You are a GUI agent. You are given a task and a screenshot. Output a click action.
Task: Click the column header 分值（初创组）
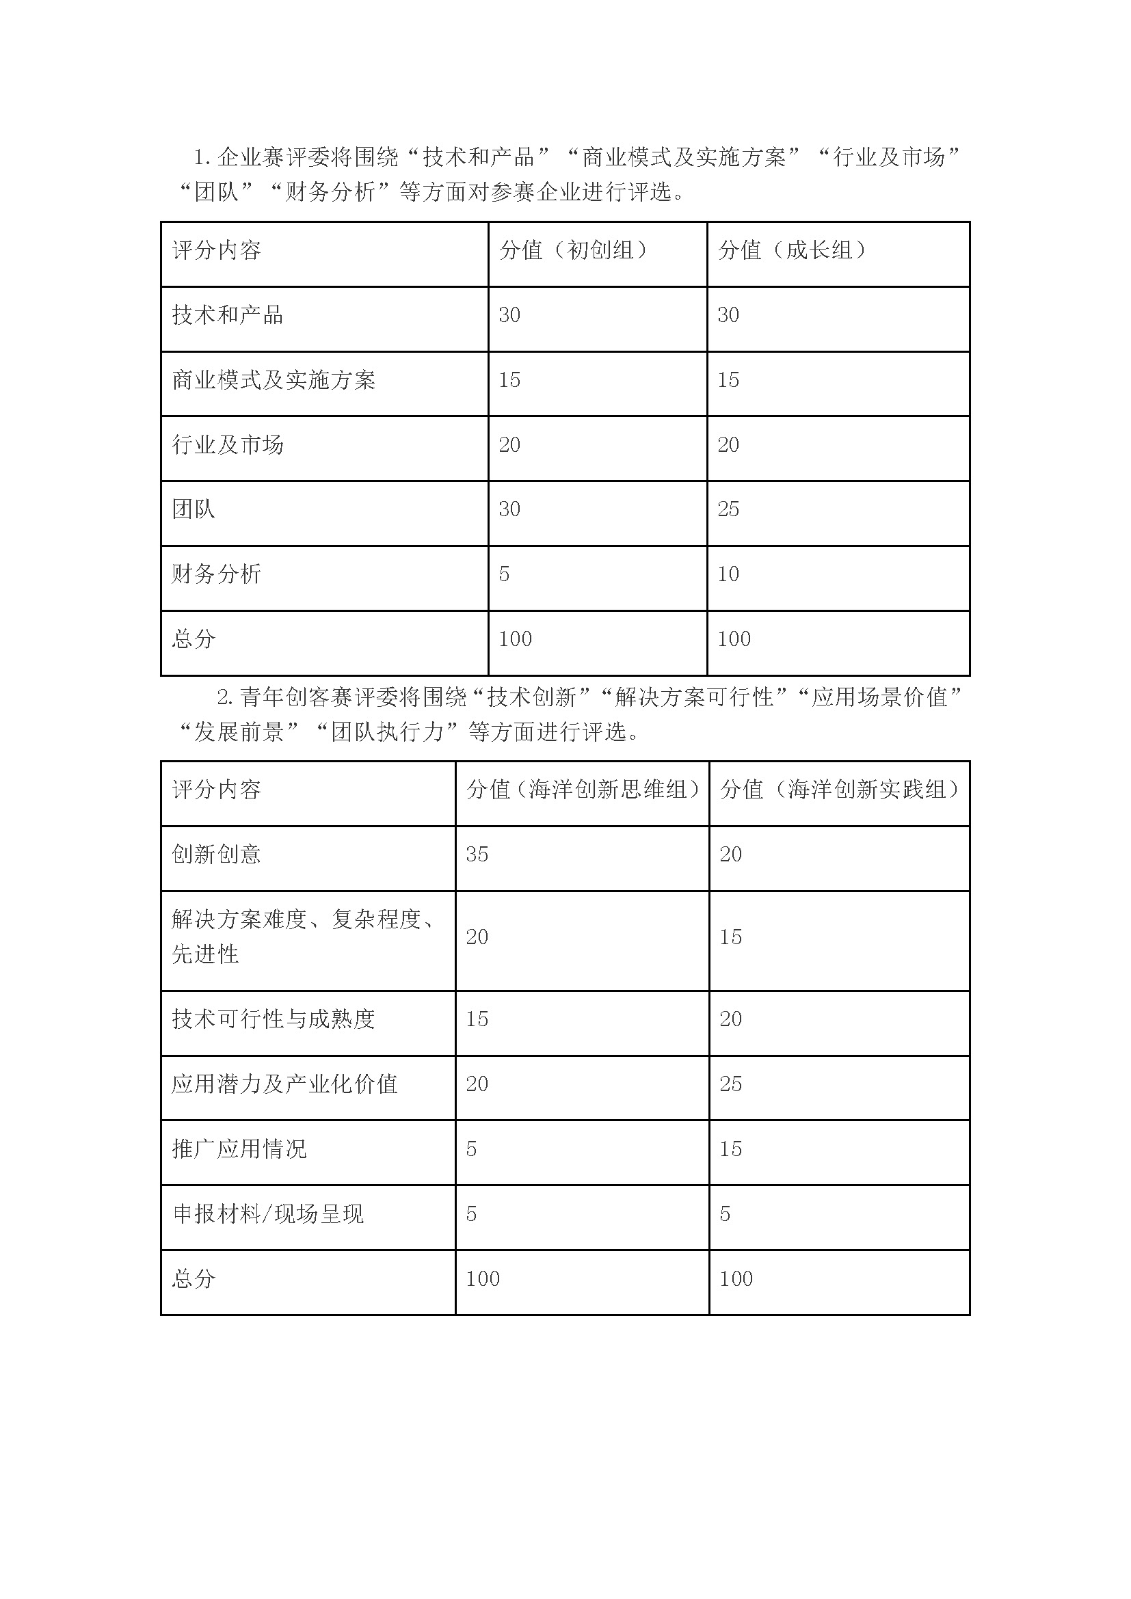[x=572, y=250]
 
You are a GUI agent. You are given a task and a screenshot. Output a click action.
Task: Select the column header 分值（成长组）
[x=792, y=250]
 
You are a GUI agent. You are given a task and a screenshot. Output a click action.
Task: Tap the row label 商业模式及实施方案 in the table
[x=274, y=379]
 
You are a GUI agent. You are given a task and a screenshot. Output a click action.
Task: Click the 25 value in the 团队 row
[x=728, y=509]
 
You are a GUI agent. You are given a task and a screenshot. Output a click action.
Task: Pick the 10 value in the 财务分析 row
[x=728, y=574]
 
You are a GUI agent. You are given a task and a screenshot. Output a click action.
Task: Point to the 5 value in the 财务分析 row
[x=504, y=574]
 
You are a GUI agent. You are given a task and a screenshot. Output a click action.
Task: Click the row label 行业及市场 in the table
[x=228, y=444]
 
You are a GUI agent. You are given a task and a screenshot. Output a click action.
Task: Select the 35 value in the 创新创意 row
[x=477, y=854]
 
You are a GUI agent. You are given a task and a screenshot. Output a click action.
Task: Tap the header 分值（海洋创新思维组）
[x=582, y=789]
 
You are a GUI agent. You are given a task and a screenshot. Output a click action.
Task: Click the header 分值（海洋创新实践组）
[x=838, y=789]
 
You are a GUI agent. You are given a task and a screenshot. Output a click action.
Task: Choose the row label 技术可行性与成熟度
[x=274, y=1019]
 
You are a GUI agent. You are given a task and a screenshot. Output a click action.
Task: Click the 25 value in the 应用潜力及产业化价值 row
[x=730, y=1084]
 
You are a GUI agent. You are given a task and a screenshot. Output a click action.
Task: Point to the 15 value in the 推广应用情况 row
[x=730, y=1148]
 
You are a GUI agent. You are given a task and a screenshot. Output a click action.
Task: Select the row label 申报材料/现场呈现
[x=268, y=1214]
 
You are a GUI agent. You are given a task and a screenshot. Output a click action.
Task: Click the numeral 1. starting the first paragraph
[x=202, y=158]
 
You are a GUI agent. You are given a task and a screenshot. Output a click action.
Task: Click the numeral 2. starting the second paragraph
[x=224, y=697]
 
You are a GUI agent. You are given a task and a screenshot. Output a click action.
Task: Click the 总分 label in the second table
[x=194, y=1278]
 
